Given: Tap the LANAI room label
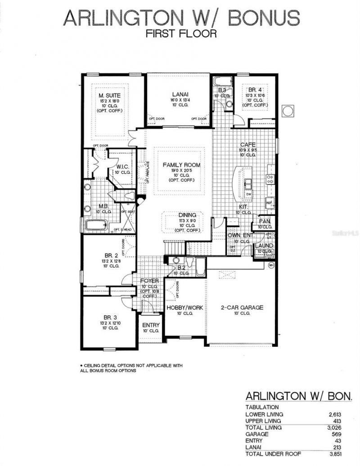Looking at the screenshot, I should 179,94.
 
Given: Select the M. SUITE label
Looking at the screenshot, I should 110,95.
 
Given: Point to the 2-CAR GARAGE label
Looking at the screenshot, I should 242,308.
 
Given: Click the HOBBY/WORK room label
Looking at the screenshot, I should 185,308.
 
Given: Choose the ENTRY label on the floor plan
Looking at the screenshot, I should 151,325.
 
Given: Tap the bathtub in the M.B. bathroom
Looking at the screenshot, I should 95,225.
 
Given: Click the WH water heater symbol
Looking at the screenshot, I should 271,265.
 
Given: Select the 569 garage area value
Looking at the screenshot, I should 347,434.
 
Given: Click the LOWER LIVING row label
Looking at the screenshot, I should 264,414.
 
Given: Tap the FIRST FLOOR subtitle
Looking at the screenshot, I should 181,33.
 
